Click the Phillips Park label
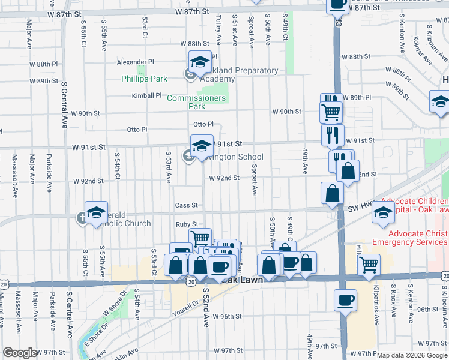pyautogui.click(x=144, y=79)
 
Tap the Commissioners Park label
pyautogui.click(x=196, y=102)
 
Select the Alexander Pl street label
pyautogui.click(x=136, y=62)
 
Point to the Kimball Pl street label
pyautogui.click(x=147, y=95)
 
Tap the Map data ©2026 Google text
pyautogui.click(x=412, y=355)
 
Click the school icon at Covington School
pyautogui.click(x=202, y=145)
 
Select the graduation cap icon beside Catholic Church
pyautogui.click(x=96, y=212)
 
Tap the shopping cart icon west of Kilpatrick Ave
pyautogui.click(x=369, y=263)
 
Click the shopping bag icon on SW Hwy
pyautogui.click(x=332, y=193)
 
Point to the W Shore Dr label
pyautogui.click(x=115, y=305)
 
